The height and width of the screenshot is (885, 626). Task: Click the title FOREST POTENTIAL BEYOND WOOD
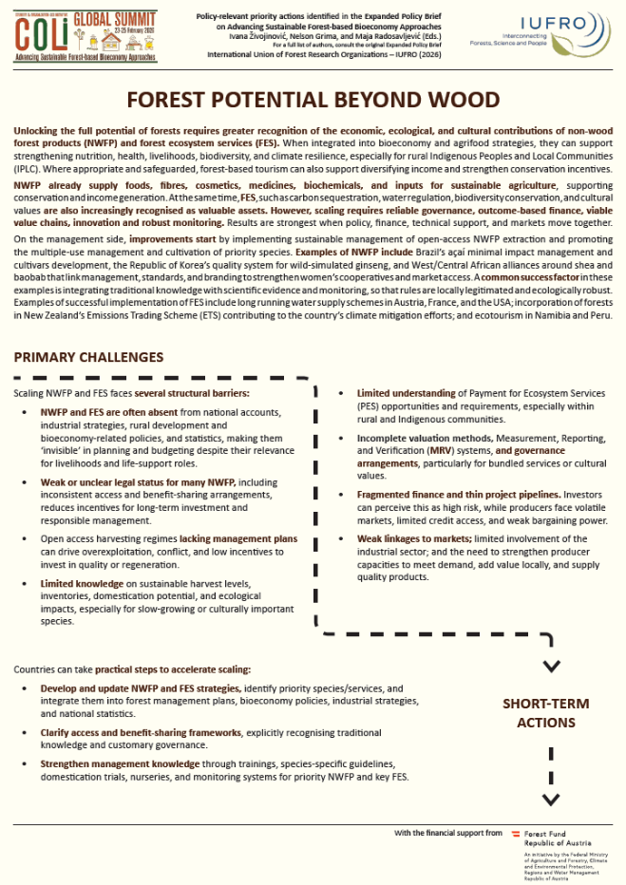coord(313,100)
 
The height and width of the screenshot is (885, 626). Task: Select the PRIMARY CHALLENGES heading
coord(88,357)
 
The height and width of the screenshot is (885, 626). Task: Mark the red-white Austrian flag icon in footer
coord(516,833)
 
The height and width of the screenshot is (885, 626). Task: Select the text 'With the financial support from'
coord(448,833)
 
